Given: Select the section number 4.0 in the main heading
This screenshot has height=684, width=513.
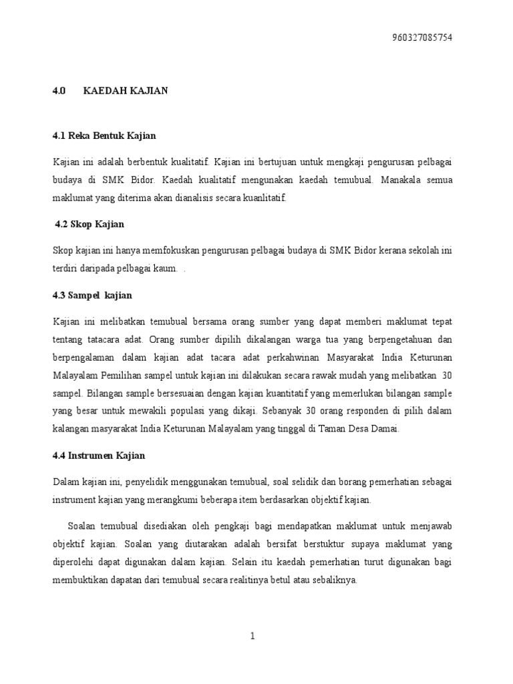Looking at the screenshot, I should tap(58, 92).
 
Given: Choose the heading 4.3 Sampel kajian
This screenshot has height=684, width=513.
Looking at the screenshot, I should tap(92, 295).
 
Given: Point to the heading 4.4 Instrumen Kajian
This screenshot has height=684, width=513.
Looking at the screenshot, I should tap(99, 456).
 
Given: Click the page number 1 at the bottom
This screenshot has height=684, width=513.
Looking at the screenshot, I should tap(253, 637).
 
